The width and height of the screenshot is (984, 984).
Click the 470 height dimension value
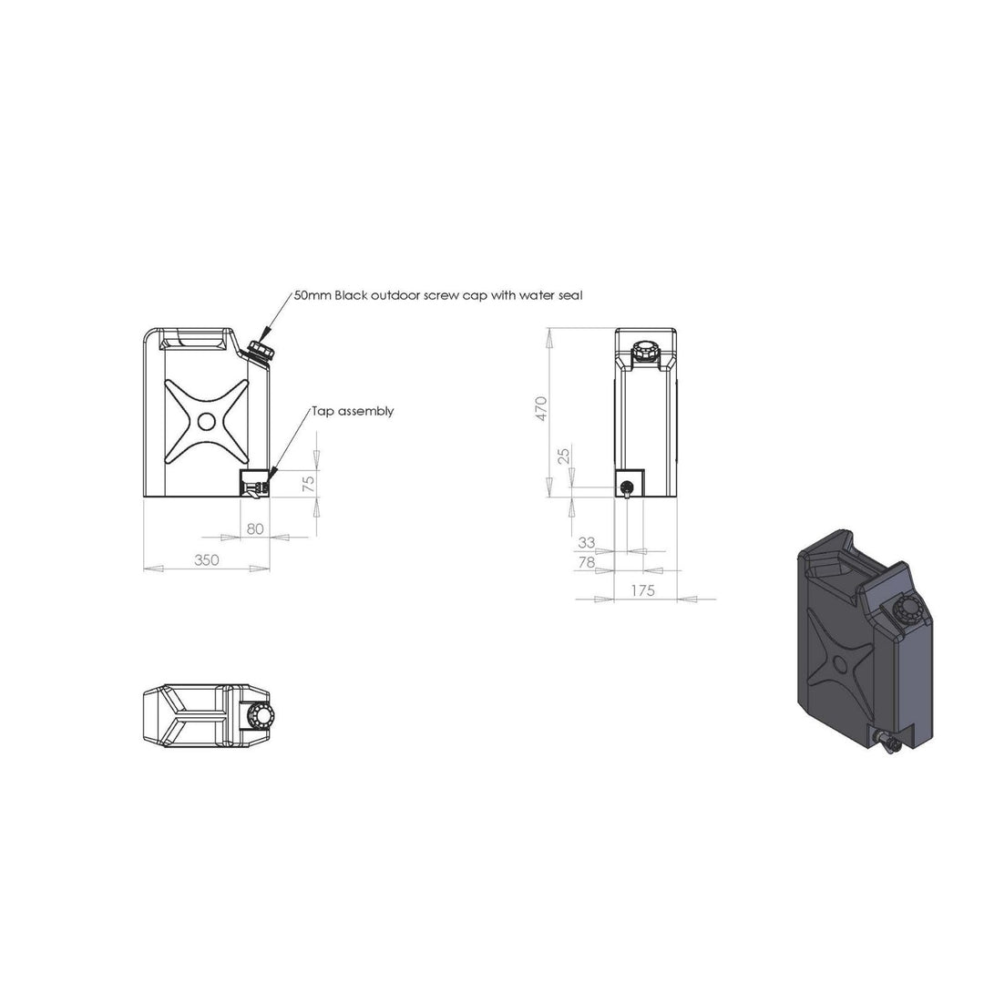point(542,409)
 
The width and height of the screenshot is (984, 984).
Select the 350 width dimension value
point(207,559)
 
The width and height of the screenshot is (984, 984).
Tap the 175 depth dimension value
point(642,590)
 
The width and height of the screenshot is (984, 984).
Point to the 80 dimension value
point(255,529)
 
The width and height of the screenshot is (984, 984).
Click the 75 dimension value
point(308,485)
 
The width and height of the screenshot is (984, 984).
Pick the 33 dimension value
point(586,542)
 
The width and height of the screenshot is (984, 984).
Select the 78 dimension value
point(586,562)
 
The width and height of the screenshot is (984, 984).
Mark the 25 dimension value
point(564,455)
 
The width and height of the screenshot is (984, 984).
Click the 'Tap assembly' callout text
point(353,412)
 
